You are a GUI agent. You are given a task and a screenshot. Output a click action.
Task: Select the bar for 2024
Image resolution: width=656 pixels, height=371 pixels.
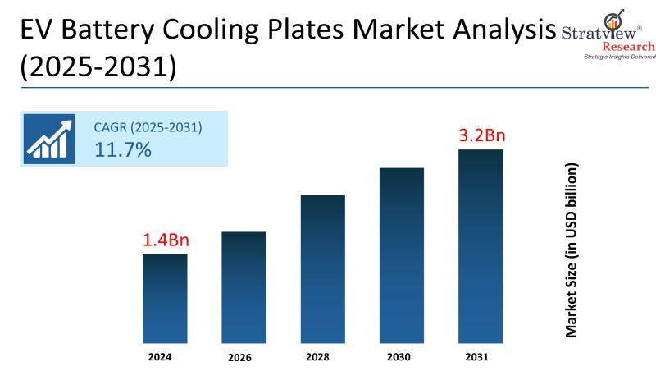pos(165,298)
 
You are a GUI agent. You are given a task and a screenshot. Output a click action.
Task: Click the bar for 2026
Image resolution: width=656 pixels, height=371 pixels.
pos(244,287)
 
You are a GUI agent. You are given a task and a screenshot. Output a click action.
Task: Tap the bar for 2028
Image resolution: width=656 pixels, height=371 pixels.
pos(322,269)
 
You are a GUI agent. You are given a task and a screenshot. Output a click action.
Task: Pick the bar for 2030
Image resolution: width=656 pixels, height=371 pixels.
pos(402,255)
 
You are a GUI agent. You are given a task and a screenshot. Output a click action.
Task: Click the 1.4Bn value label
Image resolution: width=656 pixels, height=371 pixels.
pos(165,240)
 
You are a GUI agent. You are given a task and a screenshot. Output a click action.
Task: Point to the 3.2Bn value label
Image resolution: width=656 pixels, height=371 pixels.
pos(481,135)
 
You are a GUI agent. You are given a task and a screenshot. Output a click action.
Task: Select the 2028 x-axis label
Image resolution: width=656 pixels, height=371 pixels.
pos(322,357)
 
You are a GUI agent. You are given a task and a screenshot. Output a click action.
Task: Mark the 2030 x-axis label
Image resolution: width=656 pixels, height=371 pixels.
pos(401,357)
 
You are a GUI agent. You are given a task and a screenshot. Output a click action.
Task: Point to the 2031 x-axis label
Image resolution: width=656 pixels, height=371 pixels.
pos(481,357)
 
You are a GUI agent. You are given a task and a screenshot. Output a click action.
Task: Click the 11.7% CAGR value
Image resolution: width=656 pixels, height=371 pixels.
pos(124,149)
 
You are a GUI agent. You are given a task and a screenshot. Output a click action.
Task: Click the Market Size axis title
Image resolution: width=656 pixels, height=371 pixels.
pos(572,250)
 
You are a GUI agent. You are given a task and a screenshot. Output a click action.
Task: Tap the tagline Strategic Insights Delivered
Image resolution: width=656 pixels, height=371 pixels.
pos(608,57)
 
